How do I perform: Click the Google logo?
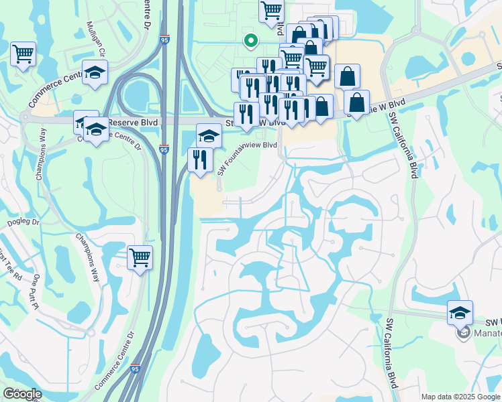click(22, 394)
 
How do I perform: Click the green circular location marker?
click(251, 41)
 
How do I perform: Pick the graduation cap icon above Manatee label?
click(460, 312)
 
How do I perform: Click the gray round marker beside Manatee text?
click(462, 332)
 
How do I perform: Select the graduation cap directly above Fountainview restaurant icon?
click(209, 135)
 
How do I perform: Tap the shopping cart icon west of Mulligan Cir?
click(23, 53)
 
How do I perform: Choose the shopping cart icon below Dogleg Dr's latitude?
click(140, 257)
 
